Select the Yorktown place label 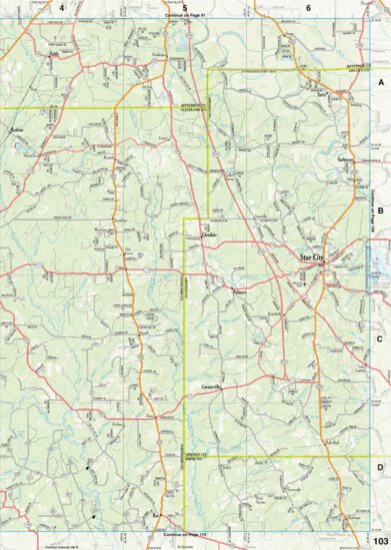pos(346,160)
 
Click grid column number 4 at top pos(61,7)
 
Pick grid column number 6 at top pos(308,7)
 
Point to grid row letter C pos(379,339)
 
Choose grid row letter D pos(379,466)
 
